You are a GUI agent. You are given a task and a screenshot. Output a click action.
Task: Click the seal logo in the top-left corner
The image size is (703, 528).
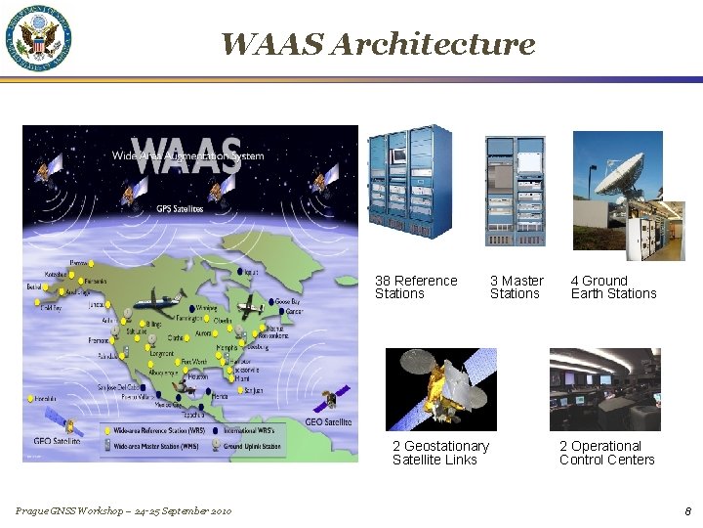click(40, 38)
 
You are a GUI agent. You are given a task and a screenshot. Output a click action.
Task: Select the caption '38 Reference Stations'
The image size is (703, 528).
click(415, 287)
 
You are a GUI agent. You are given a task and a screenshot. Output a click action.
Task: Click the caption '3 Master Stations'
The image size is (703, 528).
click(517, 287)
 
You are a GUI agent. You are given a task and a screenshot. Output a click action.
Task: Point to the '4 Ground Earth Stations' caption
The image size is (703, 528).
click(613, 287)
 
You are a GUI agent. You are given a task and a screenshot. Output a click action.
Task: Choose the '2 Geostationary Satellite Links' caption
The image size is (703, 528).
click(440, 453)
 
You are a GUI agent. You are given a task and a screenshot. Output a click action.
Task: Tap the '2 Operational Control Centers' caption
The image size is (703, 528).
click(606, 453)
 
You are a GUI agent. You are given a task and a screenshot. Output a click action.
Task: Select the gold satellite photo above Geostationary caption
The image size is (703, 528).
click(441, 389)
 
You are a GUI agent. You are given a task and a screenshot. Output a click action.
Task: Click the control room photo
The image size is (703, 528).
click(604, 389)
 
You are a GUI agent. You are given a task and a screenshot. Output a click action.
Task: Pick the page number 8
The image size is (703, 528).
click(687, 510)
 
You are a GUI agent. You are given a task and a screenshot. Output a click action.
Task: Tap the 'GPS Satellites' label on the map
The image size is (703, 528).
click(181, 208)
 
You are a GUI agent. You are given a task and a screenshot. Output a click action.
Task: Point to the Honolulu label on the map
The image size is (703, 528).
click(44, 399)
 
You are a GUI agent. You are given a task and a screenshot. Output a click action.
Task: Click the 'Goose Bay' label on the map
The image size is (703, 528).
click(287, 302)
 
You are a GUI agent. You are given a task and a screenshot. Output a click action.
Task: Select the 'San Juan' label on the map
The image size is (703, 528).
click(253, 390)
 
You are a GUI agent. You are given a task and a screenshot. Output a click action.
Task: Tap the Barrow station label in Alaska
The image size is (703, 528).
click(79, 264)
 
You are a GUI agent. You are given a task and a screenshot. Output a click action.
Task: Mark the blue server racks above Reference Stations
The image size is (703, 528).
click(410, 184)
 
